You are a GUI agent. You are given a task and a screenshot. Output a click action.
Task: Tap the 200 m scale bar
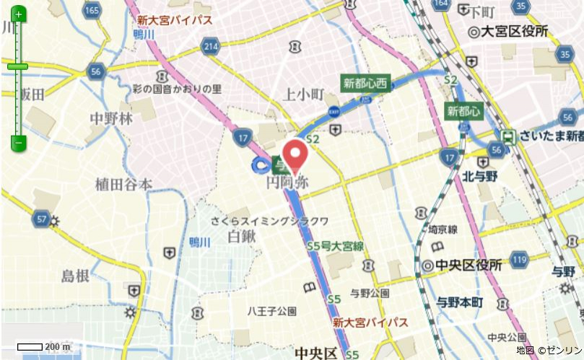tap(43, 347)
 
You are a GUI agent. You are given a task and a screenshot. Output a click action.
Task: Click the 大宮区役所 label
tap(508, 32)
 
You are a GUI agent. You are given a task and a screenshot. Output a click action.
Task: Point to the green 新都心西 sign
tap(365, 84)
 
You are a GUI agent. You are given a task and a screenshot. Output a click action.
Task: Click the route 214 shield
tap(210, 47)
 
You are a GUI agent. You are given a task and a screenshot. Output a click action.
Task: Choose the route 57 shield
tap(41, 218)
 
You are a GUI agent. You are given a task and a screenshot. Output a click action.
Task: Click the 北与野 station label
tap(480, 175)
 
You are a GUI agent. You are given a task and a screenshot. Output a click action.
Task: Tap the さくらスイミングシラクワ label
tap(270, 221)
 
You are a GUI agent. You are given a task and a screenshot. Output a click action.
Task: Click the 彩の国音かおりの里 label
tap(177, 89)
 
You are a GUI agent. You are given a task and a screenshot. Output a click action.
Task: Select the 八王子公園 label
tap(272, 312)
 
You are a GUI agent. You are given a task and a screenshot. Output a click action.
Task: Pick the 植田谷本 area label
tap(123, 185)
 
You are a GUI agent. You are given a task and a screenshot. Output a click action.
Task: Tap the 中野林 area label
tap(111, 119)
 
